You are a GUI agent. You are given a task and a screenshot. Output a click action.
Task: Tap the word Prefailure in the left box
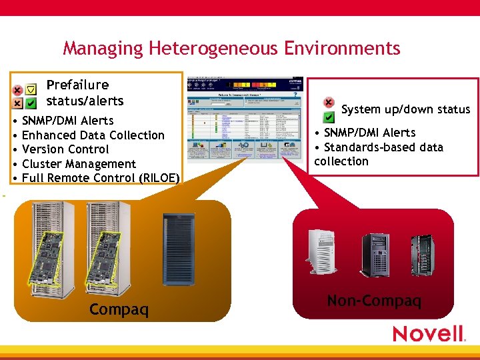77,85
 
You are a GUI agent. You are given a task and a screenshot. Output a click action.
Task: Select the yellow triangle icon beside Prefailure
31,89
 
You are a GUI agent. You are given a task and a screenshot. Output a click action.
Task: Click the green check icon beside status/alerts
31,103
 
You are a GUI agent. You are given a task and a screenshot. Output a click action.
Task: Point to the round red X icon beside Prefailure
17,90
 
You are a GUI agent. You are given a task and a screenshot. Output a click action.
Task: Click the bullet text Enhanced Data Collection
93,135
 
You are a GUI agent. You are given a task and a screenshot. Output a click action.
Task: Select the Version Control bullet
65,149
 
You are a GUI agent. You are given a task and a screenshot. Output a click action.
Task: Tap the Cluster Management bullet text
79,164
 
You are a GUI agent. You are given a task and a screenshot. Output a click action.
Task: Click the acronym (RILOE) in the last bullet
159,178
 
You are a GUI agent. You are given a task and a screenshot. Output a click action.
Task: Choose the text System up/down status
405,109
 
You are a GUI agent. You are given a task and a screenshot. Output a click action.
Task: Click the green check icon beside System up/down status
329,117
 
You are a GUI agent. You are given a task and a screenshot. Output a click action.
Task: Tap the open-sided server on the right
423,253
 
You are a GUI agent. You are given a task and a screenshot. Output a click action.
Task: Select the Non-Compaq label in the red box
374,301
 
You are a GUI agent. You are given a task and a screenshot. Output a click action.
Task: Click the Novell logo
428,333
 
